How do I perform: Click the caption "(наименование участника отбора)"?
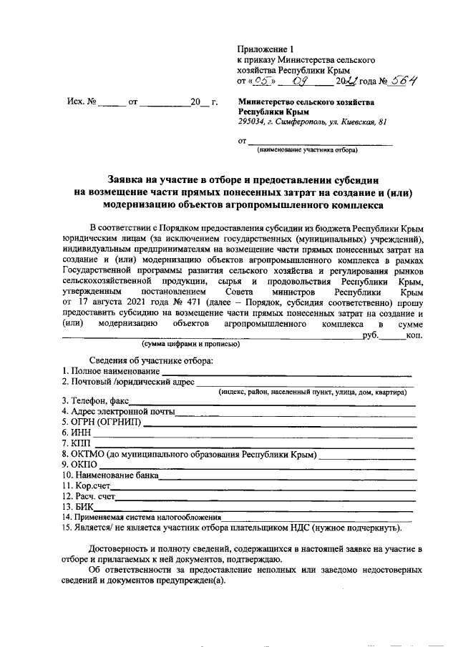tap(303, 150)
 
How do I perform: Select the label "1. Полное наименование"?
tap(109, 371)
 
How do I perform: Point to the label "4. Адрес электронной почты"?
tap(118, 412)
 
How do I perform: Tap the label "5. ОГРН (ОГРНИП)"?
tap(101, 422)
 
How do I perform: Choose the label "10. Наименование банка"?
tap(110, 475)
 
